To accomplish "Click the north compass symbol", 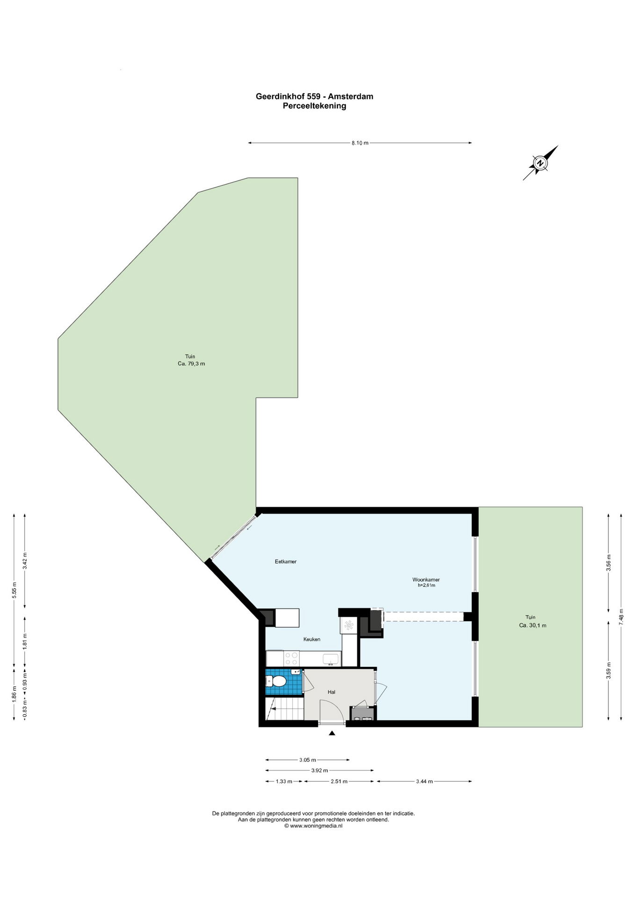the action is pos(540,163).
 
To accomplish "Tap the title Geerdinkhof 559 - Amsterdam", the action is pos(314,96).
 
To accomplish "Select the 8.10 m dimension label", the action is pos(360,143).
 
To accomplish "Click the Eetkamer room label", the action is pos(285,562).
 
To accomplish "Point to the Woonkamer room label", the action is pos(426,579).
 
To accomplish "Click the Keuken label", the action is pos(312,639).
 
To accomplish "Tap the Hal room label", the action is pos(332,692).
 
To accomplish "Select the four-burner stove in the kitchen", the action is pos(291,659).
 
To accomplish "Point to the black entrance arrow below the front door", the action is pos(332,733).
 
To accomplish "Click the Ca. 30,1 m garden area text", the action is pos(533,625).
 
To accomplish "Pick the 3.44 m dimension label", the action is pos(424,781).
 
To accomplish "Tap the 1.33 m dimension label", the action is pos(284,781).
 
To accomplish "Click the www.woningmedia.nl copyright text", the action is pos(313,826).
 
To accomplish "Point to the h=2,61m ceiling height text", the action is pos(426,585).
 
